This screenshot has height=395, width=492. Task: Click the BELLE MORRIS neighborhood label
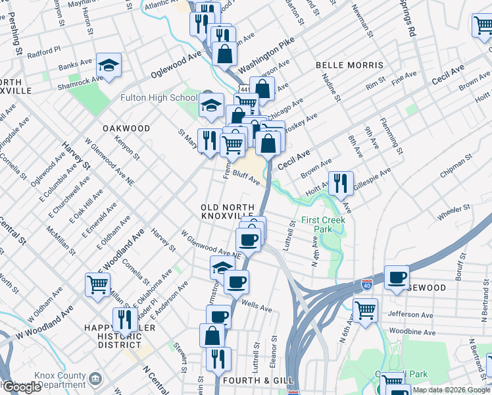(x=349, y=66)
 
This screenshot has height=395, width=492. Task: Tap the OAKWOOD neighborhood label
(x=126, y=128)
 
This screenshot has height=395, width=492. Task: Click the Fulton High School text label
(x=159, y=98)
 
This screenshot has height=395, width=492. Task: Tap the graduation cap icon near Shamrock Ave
(x=109, y=66)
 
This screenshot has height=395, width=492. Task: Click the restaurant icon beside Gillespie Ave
(x=341, y=184)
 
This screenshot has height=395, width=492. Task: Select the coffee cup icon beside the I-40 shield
(x=397, y=277)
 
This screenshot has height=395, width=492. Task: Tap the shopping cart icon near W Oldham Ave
(x=97, y=286)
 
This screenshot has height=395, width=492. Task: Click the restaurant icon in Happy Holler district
(x=125, y=320)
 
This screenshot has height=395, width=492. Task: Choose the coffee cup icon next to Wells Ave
(x=236, y=282)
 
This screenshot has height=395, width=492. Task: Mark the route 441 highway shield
(x=244, y=88)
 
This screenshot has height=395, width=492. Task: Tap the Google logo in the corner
(x=21, y=387)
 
